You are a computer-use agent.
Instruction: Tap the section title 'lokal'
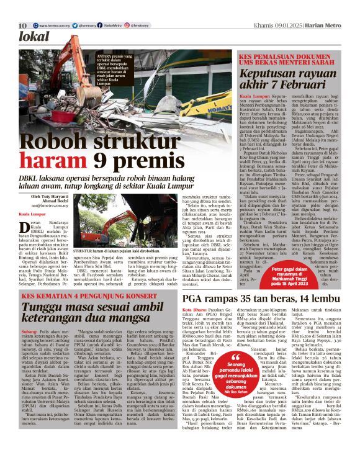(35, 38)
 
